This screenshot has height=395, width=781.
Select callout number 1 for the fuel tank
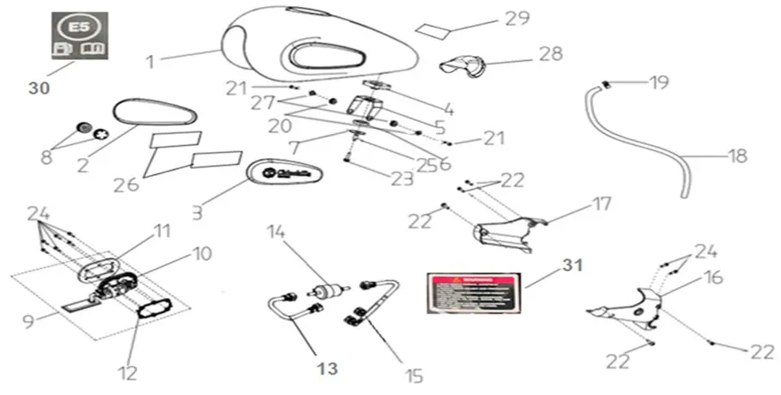[150, 62]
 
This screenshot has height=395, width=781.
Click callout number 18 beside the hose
[736, 156]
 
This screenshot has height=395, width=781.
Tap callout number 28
[551, 54]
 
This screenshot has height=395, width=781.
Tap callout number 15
[414, 375]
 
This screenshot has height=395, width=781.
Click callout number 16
[714, 277]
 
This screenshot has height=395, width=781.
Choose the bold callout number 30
[39, 88]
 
